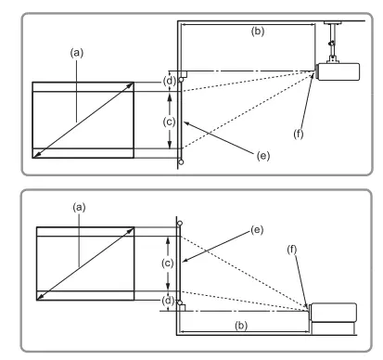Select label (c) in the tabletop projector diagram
pyautogui.click(x=168, y=264)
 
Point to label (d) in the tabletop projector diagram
pyautogui.click(x=168, y=301)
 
